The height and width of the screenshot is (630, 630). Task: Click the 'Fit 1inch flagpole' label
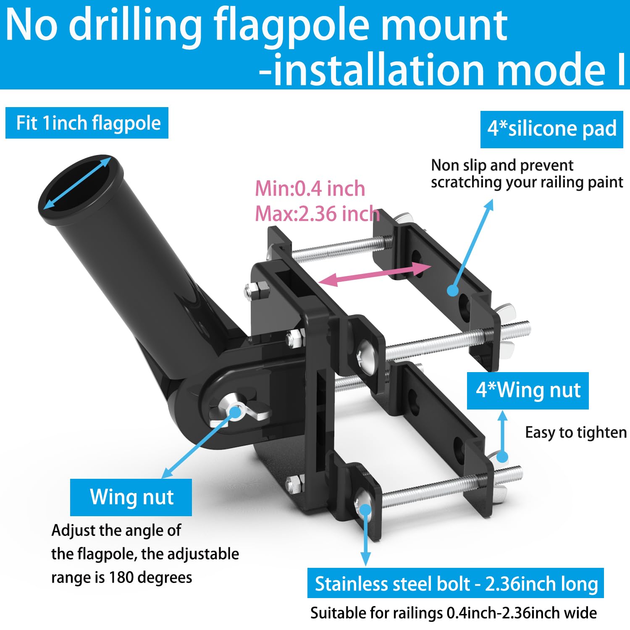[87, 123]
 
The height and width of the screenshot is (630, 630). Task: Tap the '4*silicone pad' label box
[551, 129]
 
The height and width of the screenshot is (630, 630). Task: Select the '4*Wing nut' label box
[528, 391]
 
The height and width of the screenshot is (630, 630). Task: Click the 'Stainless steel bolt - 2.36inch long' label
[456, 583]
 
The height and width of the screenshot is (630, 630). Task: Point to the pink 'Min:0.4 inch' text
[310, 189]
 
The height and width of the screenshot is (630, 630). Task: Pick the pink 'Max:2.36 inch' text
[318, 214]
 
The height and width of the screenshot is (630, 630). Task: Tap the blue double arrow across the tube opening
[78, 183]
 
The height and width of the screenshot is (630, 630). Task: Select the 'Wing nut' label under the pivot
[131, 497]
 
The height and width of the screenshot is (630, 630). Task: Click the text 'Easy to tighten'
[576, 433]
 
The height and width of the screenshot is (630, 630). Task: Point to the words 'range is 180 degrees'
[121, 577]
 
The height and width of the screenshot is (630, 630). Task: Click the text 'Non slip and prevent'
[502, 165]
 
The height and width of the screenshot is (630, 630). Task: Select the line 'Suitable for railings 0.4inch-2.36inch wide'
[454, 613]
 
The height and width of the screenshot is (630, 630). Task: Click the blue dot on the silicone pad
[452, 290]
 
